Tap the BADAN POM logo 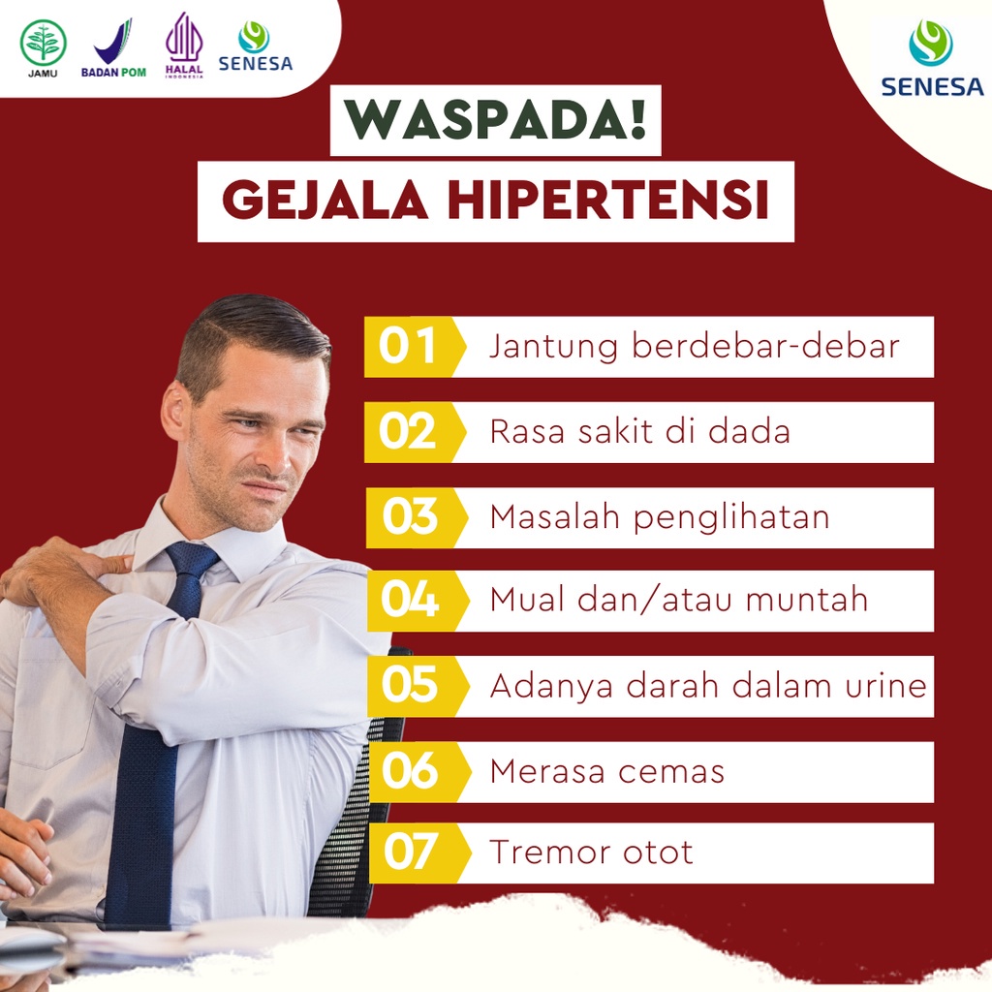(113, 48)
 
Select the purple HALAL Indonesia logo (184, 46)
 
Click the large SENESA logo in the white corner (931, 59)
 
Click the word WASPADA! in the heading (495, 120)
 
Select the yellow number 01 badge (408, 347)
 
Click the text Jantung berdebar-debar (694, 347)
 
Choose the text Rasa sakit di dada (639, 432)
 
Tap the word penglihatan (731, 517)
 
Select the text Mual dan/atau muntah (678, 601)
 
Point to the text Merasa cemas (606, 771)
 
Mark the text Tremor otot (591, 853)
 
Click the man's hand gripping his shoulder (58, 568)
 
